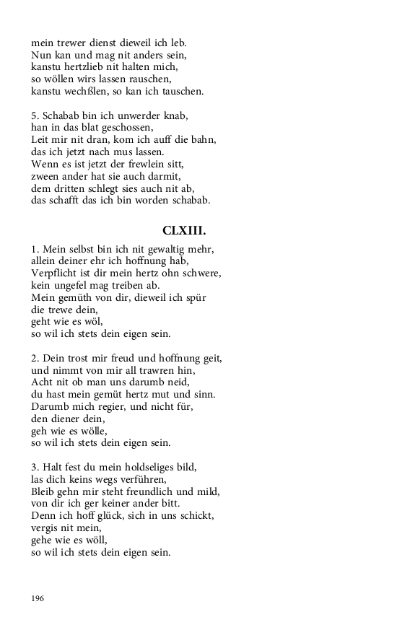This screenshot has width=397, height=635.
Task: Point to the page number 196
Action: click(38, 598)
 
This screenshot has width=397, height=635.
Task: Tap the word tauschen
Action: click(181, 91)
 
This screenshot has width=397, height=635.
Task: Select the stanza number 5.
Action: click(35, 115)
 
